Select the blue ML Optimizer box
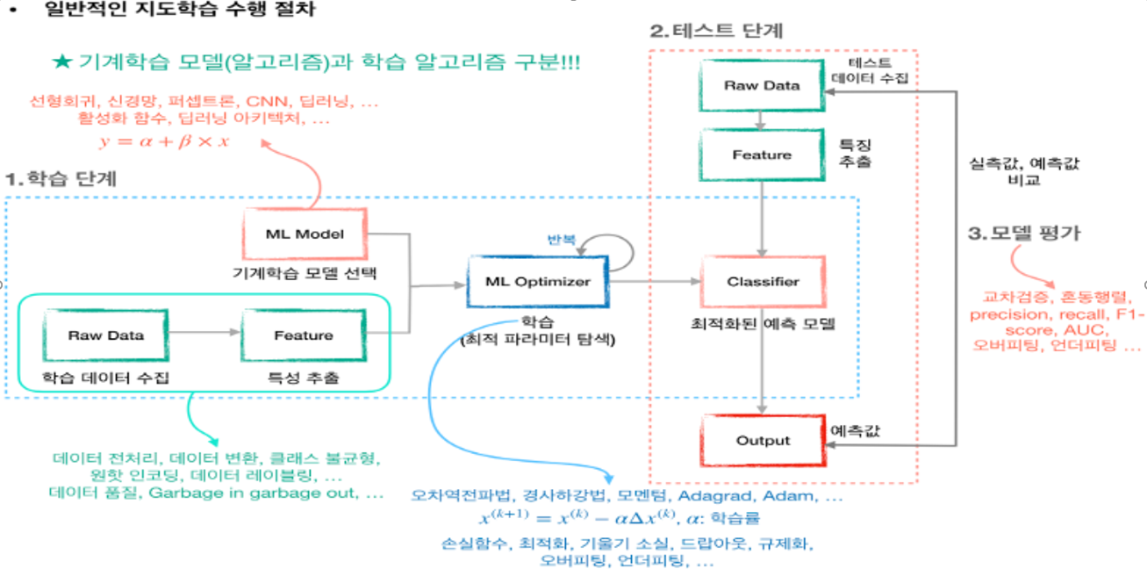click(x=538, y=282)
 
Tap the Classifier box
click(x=763, y=282)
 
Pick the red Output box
click(x=763, y=441)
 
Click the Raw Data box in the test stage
click(x=762, y=85)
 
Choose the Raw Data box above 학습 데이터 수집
click(x=106, y=335)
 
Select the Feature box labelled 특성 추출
click(x=303, y=335)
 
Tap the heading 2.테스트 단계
click(x=716, y=31)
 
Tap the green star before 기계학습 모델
click(x=61, y=63)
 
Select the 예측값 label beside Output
click(x=855, y=431)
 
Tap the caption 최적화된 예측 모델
click(x=763, y=323)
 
